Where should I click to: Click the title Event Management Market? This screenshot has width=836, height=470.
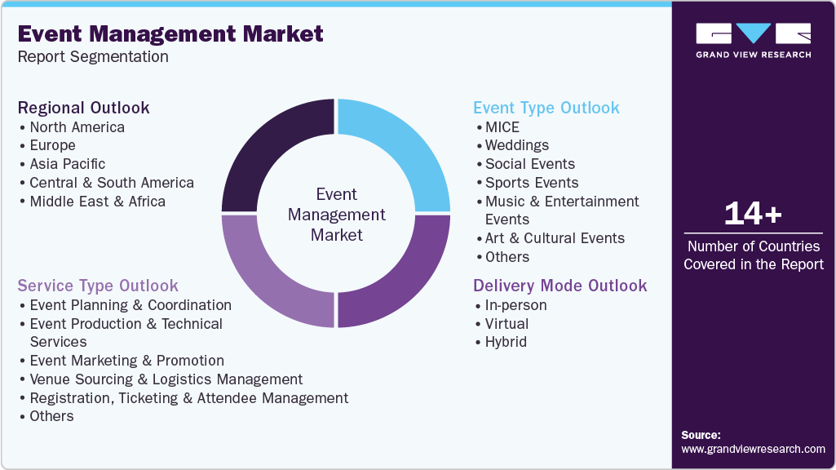[170, 33]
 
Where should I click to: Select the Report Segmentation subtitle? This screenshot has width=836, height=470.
[93, 56]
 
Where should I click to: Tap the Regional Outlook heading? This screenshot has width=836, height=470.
[84, 108]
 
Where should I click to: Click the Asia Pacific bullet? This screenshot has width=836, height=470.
[67, 164]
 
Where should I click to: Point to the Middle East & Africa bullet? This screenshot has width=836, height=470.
[97, 202]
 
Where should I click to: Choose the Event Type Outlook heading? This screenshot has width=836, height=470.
[546, 108]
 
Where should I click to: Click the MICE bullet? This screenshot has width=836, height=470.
[502, 127]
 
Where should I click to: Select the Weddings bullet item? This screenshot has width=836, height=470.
[516, 145]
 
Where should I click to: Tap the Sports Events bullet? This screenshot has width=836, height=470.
[531, 183]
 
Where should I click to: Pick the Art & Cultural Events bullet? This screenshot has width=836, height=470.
[555, 238]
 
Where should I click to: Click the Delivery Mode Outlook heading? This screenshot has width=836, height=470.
[560, 286]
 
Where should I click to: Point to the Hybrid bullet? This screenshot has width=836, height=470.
[506, 342]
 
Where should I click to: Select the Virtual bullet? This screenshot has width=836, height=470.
[506, 324]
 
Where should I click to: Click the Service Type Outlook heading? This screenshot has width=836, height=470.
[98, 286]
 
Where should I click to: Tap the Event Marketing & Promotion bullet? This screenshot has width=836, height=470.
[126, 361]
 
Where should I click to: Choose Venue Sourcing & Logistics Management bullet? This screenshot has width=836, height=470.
[166, 379]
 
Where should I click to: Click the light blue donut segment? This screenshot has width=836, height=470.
[400, 151]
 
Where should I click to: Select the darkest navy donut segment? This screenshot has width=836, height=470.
[272, 151]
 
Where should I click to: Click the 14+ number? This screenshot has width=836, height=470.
[753, 214]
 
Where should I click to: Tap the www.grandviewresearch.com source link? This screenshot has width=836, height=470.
[753, 449]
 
